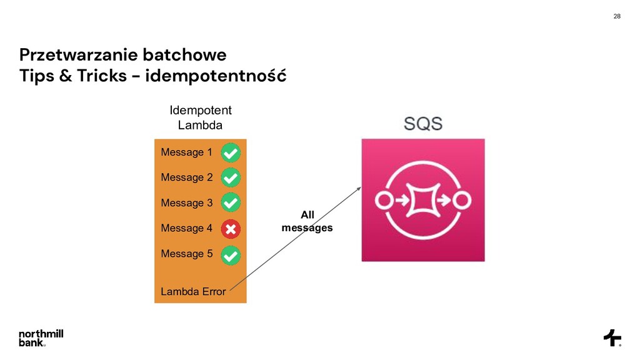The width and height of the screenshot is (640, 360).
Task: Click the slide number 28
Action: click(617, 16)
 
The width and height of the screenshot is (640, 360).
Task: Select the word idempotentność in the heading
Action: click(216, 76)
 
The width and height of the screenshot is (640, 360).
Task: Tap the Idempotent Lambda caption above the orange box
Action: click(200, 117)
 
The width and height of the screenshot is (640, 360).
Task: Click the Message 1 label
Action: click(186, 152)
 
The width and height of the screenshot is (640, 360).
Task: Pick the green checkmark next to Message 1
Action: click(231, 152)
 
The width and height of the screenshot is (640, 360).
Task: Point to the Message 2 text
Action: click(186, 177)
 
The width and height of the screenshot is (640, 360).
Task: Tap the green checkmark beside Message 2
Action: click(231, 177)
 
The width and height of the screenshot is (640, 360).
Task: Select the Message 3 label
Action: click(186, 203)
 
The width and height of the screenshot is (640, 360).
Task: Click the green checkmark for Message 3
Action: click(231, 202)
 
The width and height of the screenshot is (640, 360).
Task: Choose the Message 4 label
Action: click(186, 229)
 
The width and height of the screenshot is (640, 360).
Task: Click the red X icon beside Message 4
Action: click(231, 229)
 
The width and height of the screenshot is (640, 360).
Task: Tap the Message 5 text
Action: click(186, 254)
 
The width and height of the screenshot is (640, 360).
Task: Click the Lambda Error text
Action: click(193, 291)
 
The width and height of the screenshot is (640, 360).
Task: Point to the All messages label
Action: click(307, 222)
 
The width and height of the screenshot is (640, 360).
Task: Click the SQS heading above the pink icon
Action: click(422, 123)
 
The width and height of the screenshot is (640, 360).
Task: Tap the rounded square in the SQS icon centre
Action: click(422, 200)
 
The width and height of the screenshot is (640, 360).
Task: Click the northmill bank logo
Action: click(41, 337)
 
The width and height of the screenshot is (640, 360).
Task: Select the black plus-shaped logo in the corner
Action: click(612, 337)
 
